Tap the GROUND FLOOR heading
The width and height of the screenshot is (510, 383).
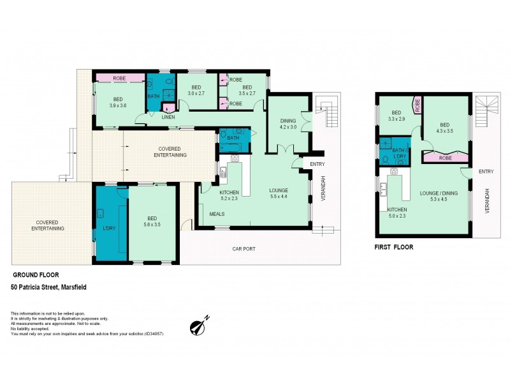[x=36, y=275]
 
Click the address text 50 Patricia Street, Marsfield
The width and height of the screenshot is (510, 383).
[x=48, y=287]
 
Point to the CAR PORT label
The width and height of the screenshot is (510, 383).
[x=245, y=248]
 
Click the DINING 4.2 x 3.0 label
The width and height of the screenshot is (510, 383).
[x=288, y=123]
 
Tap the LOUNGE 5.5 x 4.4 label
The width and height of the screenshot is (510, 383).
[x=279, y=193]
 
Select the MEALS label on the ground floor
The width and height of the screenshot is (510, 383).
[x=217, y=214]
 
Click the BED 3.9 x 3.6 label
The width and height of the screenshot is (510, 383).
[x=119, y=102]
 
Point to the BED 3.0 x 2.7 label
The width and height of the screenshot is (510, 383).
[x=196, y=90]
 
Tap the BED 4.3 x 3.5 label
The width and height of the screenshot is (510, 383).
[x=445, y=128]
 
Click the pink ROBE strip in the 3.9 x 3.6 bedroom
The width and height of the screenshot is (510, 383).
[x=119, y=78]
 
